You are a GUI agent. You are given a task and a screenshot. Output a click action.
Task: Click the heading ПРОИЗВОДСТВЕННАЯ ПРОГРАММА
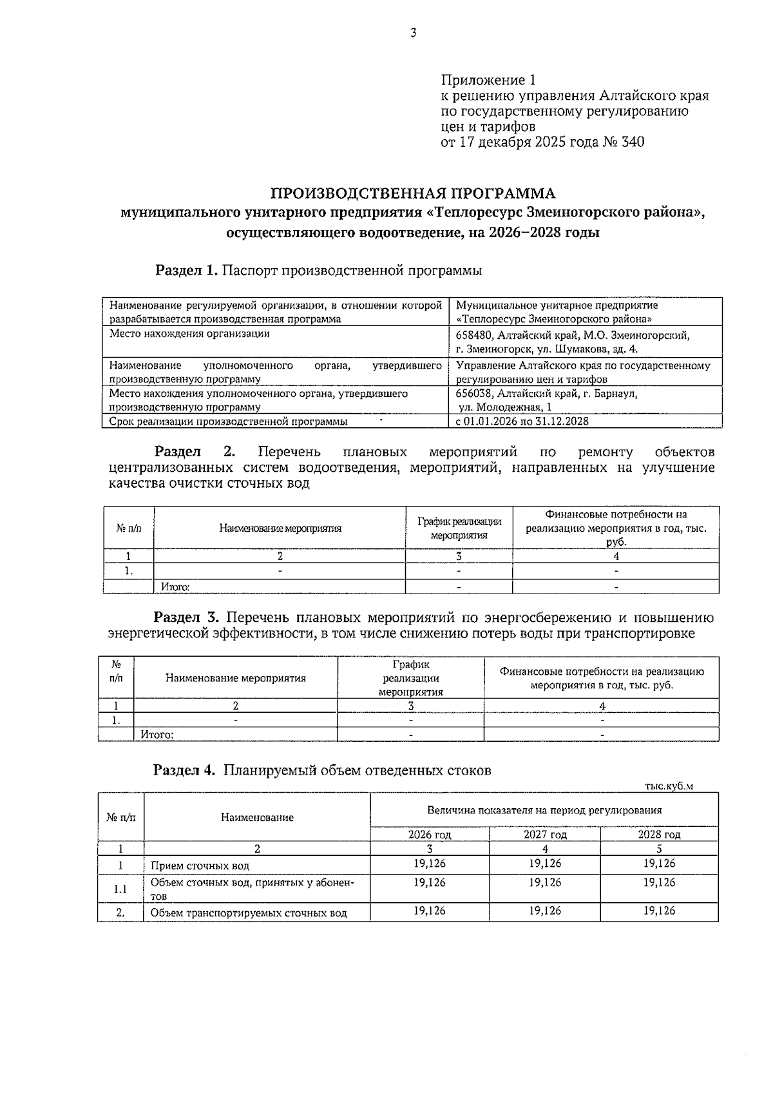click(x=412, y=193)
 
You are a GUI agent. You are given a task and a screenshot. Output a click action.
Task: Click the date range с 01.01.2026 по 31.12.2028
click(x=522, y=421)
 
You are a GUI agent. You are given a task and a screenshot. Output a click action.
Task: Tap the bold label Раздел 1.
click(x=186, y=271)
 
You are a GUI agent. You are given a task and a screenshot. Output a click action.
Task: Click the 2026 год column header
click(x=430, y=835)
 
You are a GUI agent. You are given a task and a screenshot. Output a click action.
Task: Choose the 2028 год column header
click(x=659, y=835)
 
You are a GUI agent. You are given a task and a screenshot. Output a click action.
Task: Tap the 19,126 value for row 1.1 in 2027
click(x=545, y=882)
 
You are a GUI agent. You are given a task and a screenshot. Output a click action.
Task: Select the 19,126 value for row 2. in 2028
click(x=659, y=911)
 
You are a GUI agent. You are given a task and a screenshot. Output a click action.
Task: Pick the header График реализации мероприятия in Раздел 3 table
click(x=411, y=678)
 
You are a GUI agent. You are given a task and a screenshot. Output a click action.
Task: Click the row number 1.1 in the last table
click(x=120, y=889)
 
